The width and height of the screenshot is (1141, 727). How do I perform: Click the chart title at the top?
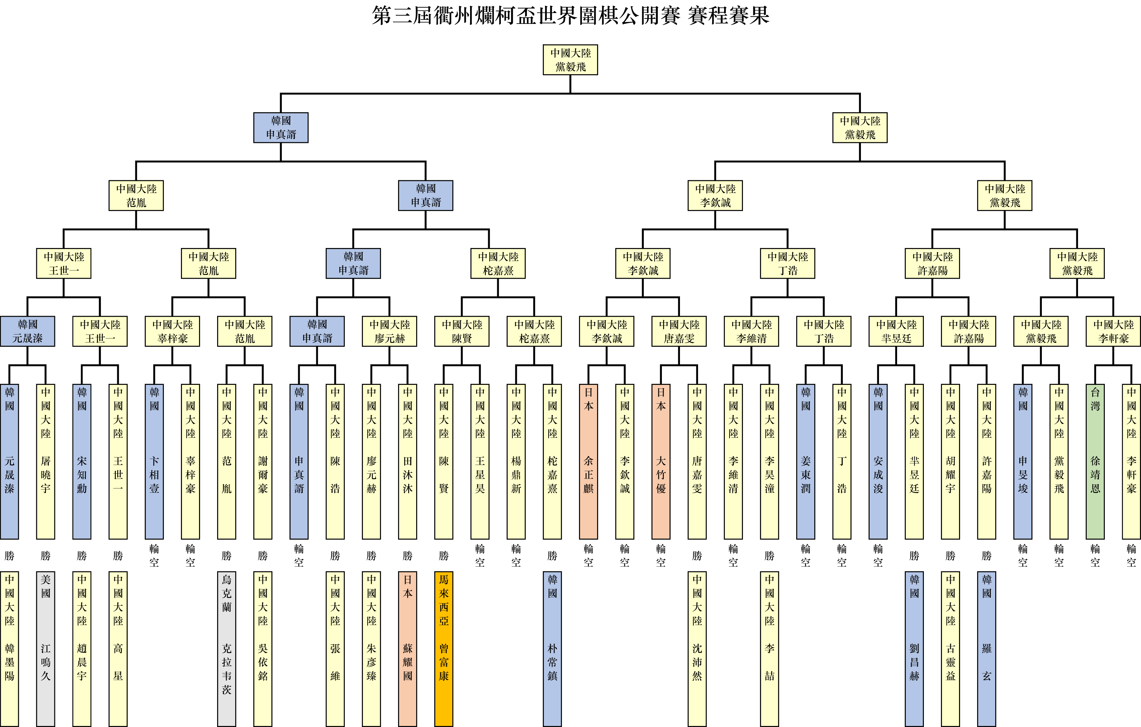(570, 16)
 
